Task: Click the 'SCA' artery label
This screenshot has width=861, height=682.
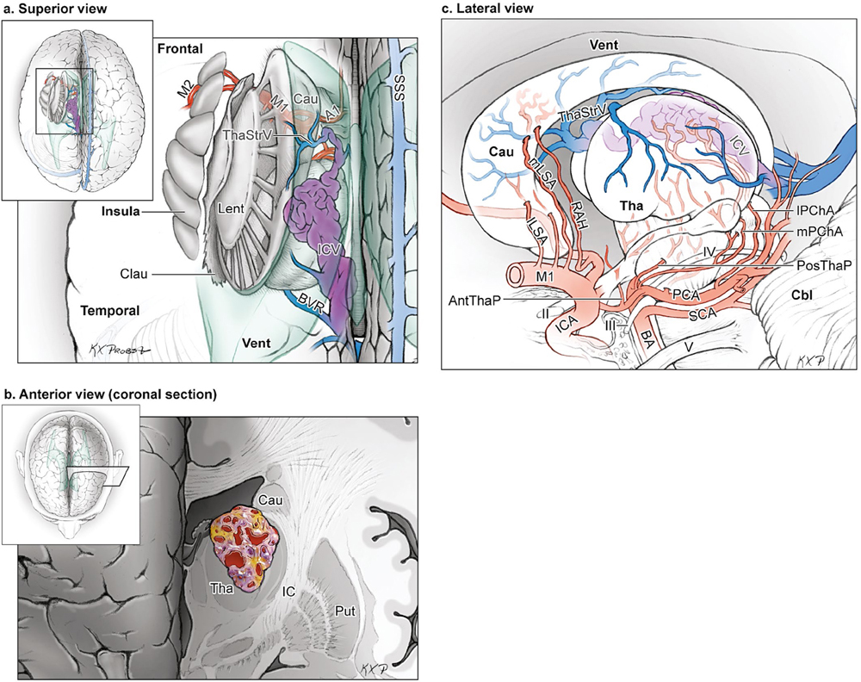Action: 704,315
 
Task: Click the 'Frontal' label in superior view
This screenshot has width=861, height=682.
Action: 179,50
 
